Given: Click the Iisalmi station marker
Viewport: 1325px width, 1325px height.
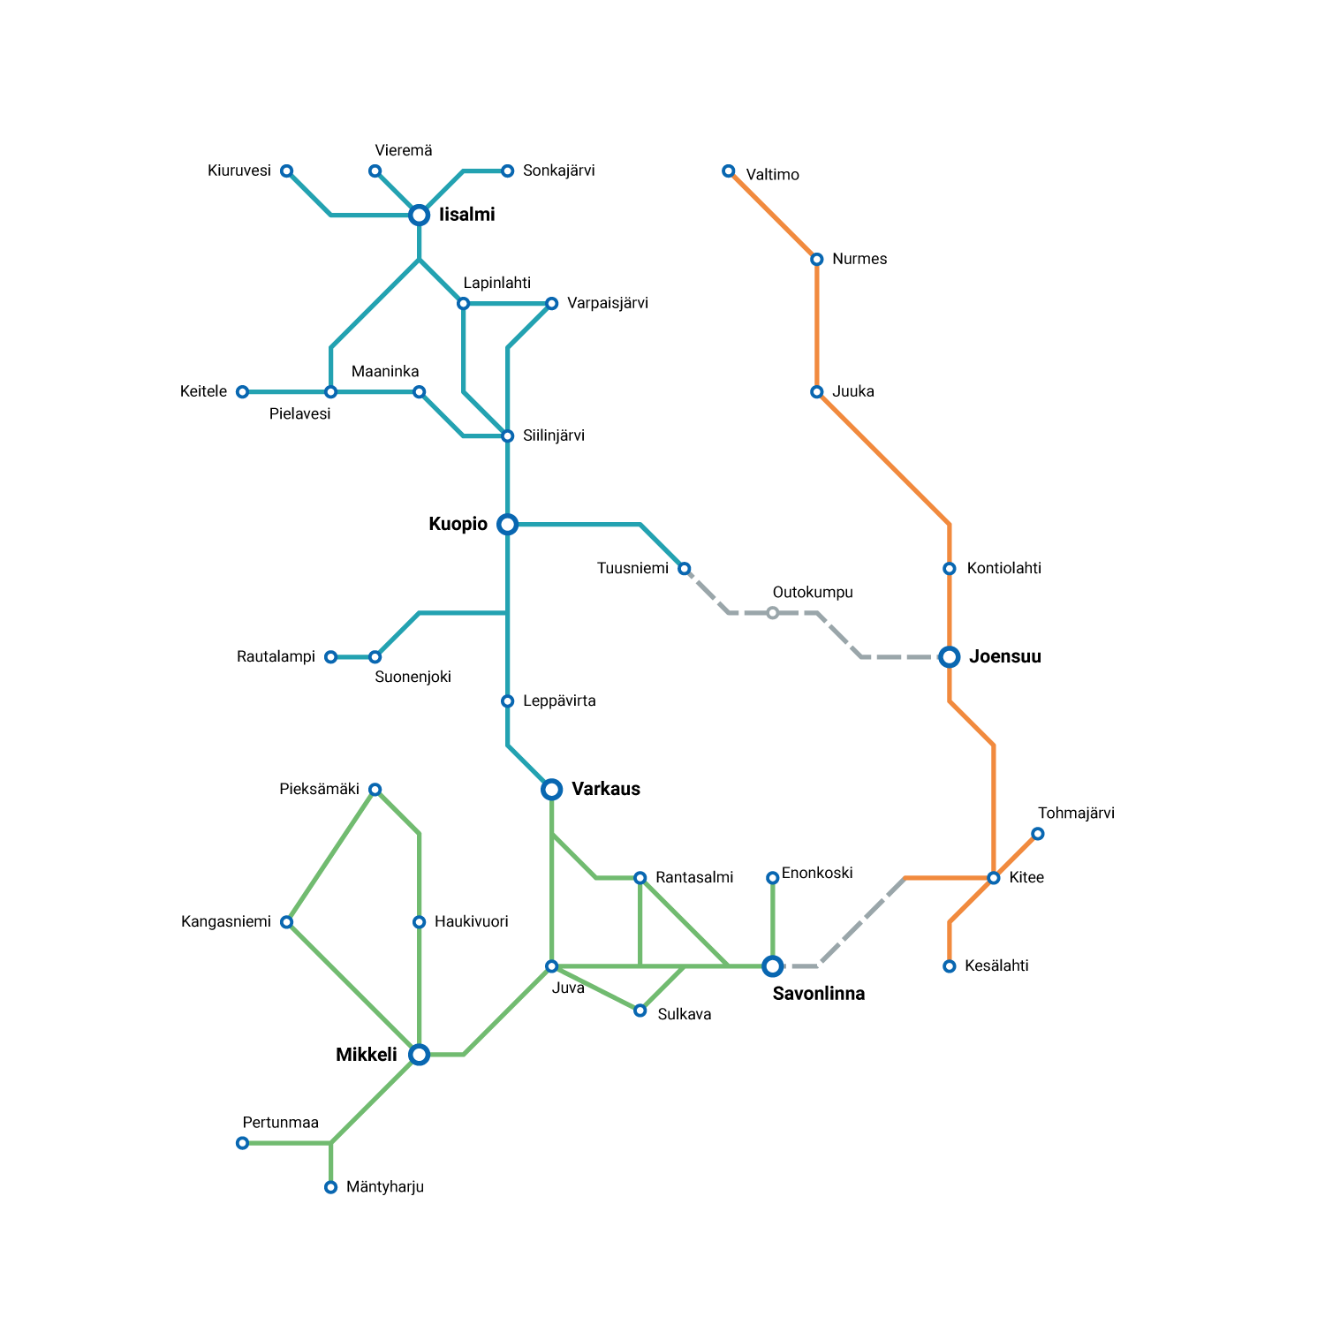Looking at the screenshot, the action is (420, 216).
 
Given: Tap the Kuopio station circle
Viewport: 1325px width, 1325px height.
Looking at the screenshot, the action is (508, 525).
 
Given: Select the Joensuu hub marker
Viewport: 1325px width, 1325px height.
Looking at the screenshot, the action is (950, 657).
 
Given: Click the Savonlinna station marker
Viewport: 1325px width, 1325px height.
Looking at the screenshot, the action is (773, 966).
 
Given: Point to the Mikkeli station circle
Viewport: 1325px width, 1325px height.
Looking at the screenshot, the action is (420, 1055).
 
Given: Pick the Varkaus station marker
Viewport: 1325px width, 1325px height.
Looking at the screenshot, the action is (552, 790).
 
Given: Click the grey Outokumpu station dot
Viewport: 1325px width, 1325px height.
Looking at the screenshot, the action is (773, 613).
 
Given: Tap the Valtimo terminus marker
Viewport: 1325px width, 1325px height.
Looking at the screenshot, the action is (729, 171).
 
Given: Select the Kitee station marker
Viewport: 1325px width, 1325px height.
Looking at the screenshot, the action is (994, 878).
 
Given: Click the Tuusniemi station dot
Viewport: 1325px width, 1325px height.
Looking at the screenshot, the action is (685, 569).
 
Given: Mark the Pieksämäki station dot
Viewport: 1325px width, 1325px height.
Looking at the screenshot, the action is (375, 790).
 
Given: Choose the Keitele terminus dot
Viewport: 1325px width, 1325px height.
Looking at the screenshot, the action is (243, 392).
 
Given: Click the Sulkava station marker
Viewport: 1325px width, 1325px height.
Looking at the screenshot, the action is (640, 1011).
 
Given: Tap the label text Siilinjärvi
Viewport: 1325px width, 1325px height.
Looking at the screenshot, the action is (554, 435).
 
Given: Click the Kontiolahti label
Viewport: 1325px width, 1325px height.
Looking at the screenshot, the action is (1004, 568).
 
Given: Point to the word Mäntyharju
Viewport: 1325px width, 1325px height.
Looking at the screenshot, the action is (385, 1187).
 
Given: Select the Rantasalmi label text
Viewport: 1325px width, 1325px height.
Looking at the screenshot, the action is (694, 877).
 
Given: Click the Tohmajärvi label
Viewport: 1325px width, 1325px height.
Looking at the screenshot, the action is (1077, 814).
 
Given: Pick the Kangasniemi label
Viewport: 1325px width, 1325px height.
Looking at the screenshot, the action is (226, 922).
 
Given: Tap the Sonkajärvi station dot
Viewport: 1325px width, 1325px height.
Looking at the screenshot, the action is (508, 171).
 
